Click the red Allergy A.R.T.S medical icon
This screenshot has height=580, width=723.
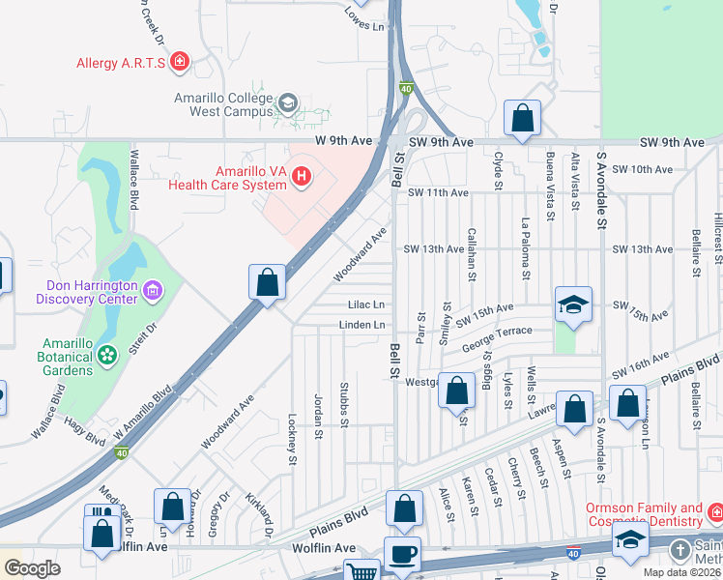coord(179,64)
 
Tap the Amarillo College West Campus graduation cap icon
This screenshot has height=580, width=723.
coord(287,102)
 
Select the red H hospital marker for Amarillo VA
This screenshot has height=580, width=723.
coord(302,176)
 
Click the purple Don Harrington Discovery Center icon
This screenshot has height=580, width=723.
coord(151,290)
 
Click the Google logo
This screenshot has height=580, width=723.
coord(32,568)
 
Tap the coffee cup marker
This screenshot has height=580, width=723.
coord(403,555)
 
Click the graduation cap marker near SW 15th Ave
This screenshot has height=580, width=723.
coord(573,305)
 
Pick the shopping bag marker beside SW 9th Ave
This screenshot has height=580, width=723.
coord(522,119)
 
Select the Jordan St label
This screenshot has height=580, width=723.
coord(317,416)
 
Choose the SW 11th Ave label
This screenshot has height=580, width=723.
coord(437,193)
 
